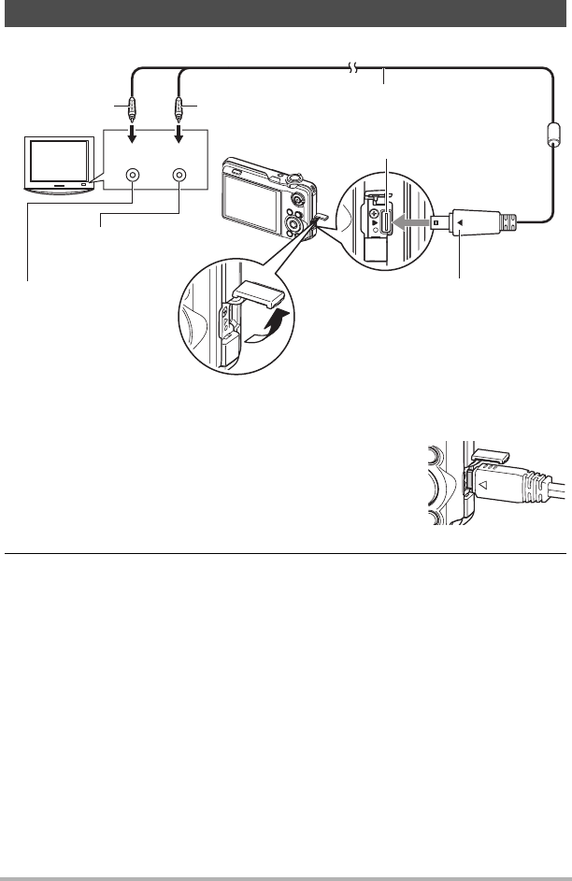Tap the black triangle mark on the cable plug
(460, 222)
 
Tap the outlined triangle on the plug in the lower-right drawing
(485, 485)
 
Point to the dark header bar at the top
(286, 12)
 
